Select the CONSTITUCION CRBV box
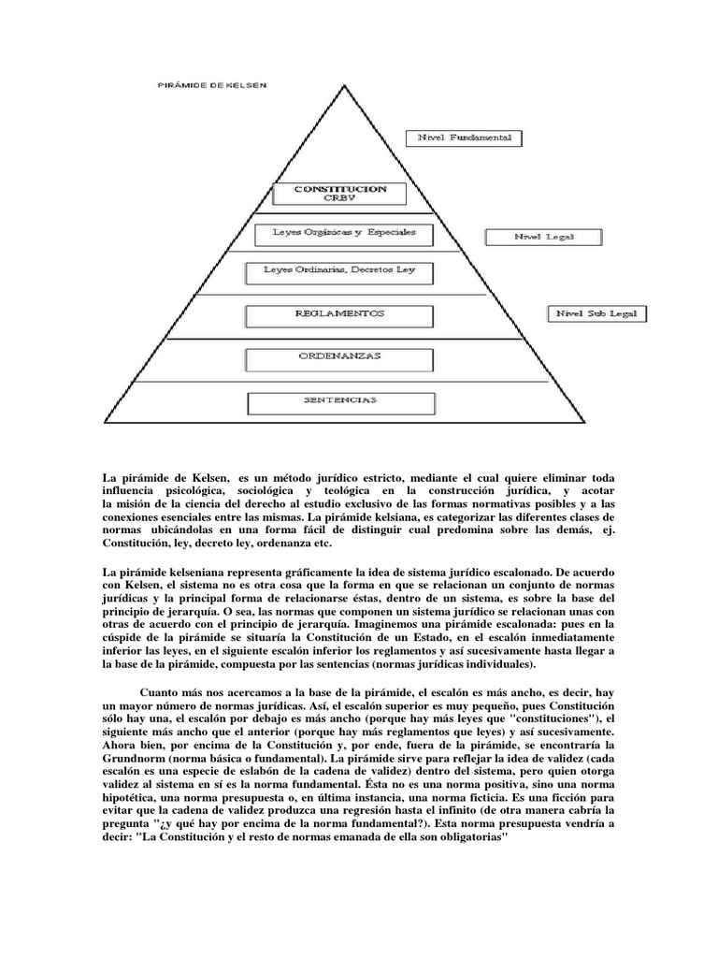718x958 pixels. pyautogui.click(x=340, y=194)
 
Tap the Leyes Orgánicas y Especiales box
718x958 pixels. pyautogui.click(x=338, y=231)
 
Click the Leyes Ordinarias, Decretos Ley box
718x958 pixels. pyautogui.click(x=339, y=272)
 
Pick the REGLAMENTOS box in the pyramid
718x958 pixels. pyautogui.click(x=338, y=314)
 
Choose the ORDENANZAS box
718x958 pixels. pyautogui.click(x=338, y=356)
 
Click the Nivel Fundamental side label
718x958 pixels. pyautogui.click(x=464, y=138)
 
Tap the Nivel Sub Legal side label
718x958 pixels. pyautogui.click(x=596, y=313)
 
